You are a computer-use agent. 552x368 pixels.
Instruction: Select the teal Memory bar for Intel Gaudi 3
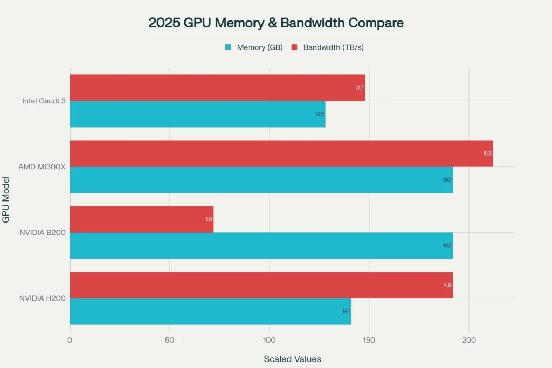(197, 114)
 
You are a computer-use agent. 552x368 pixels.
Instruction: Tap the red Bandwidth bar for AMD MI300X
(281, 154)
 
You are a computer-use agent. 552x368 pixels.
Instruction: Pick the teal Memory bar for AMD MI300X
(261, 180)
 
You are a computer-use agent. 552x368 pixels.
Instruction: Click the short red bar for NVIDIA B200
(141, 219)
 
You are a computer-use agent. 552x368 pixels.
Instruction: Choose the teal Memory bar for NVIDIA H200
(210, 311)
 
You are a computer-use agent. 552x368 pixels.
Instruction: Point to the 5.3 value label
(487, 154)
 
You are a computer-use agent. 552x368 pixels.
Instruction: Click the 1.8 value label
(209, 219)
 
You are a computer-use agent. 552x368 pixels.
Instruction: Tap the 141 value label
(346, 311)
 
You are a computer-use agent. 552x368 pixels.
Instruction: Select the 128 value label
(320, 114)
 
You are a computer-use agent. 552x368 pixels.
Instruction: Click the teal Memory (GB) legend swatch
(227, 47)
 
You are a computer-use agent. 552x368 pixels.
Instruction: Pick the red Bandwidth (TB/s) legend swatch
(294, 47)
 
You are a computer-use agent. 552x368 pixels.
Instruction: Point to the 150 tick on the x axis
(369, 340)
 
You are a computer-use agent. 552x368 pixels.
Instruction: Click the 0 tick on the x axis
(70, 340)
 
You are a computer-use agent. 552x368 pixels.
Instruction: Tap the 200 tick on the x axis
(469, 340)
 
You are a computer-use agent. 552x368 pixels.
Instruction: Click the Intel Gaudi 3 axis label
(44, 101)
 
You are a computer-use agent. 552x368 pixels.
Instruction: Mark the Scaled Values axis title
(292, 359)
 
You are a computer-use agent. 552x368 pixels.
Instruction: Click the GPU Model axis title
(6, 199)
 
